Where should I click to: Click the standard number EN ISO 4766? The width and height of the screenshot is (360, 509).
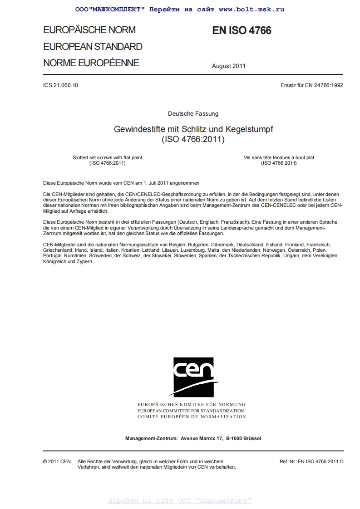click(x=242, y=30)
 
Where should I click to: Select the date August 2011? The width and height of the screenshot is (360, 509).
click(x=228, y=66)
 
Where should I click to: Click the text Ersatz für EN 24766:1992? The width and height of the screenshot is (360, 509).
click(x=312, y=85)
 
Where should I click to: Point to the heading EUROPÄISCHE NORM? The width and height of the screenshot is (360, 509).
click(x=89, y=30)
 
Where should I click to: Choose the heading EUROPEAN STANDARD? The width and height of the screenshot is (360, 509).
click(x=93, y=46)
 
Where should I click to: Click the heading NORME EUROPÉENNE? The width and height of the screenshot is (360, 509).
click(x=91, y=63)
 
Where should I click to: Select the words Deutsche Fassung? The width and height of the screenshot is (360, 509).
click(x=193, y=113)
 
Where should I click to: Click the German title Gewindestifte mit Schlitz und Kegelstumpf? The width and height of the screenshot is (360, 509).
click(x=193, y=129)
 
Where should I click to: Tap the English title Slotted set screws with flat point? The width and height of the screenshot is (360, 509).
click(x=107, y=157)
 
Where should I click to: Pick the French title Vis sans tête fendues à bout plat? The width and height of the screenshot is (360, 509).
click(x=279, y=157)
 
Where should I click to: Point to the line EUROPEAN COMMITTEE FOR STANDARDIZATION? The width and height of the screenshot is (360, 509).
click(x=191, y=410)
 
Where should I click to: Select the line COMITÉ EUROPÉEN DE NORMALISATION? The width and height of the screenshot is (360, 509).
click(x=191, y=416)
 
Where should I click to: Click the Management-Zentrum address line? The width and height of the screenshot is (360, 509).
click(x=193, y=438)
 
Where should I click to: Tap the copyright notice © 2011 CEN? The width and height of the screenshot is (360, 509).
click(x=57, y=461)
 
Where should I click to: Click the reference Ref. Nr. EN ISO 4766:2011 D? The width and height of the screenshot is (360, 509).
click(x=311, y=461)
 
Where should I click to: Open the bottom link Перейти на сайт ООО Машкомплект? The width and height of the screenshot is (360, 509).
click(x=180, y=501)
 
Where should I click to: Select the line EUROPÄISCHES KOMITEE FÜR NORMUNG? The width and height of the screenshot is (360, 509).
click(x=191, y=404)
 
